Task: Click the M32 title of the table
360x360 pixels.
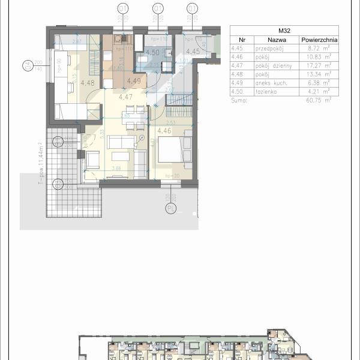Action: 284,30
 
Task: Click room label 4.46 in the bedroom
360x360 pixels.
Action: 164,130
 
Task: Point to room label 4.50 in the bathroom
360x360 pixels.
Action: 152,53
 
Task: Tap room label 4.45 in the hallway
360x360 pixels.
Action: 192,52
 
